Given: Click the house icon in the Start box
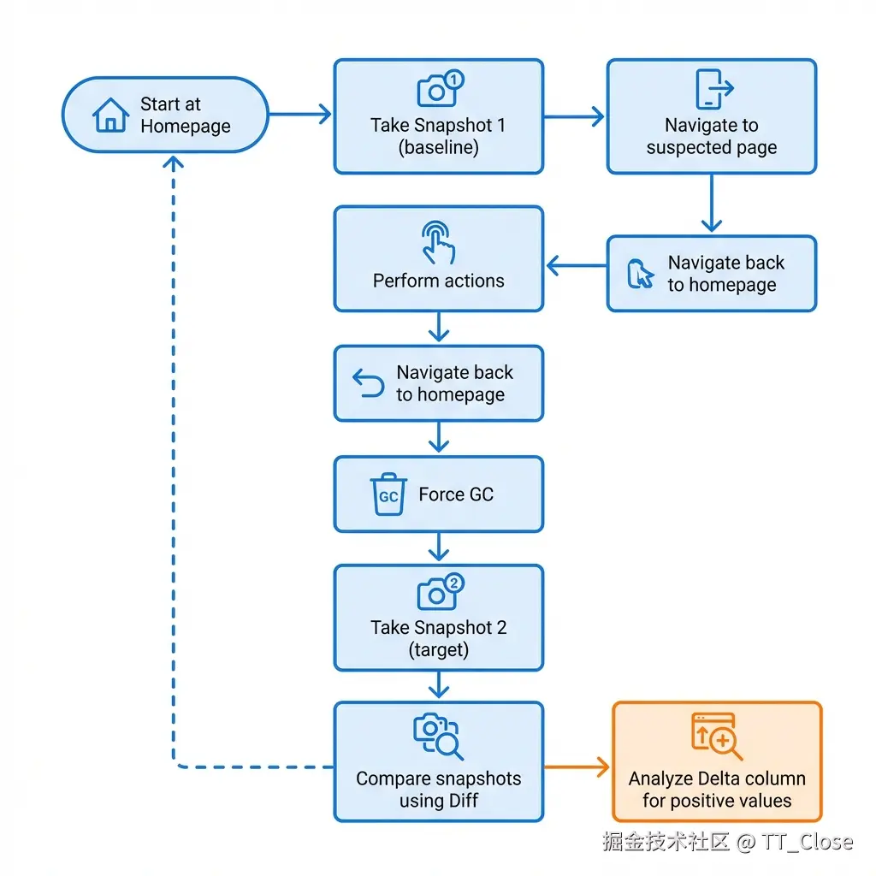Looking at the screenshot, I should click(x=110, y=115).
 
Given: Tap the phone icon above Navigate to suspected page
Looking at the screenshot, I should click(x=713, y=89).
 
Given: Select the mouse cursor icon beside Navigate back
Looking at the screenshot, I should click(x=640, y=275).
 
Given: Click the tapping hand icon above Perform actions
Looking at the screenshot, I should click(x=439, y=243).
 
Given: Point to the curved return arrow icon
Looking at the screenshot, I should click(x=369, y=384).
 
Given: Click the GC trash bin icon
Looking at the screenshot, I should click(x=388, y=494).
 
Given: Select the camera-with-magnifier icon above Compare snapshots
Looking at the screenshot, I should click(x=438, y=737).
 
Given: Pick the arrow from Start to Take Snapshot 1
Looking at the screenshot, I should click(x=299, y=115).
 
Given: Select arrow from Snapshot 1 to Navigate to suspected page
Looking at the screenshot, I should click(x=574, y=116).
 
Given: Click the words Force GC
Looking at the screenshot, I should click(x=455, y=494).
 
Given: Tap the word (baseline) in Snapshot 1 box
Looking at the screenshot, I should click(x=438, y=147).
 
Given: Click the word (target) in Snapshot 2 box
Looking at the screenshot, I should click(x=438, y=649).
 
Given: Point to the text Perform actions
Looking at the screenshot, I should click(x=438, y=281).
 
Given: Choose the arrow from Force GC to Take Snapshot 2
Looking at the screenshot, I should click(x=439, y=547).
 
